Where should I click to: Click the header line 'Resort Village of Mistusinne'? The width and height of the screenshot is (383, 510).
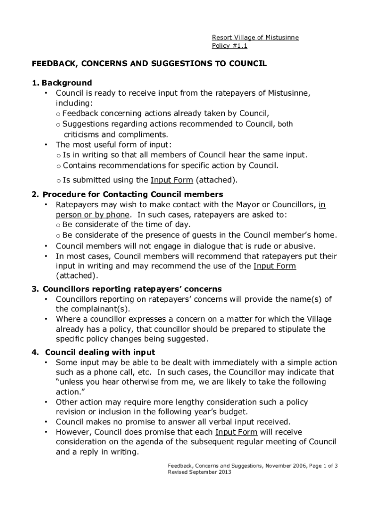[255, 37]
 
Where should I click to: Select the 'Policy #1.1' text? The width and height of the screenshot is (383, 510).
[229, 46]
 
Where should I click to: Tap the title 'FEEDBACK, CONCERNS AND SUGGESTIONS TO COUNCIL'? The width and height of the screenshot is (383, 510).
[150, 64]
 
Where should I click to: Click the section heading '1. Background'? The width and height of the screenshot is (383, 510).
[62, 83]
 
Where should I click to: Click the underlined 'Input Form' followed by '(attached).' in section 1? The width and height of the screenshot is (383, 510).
[172, 180]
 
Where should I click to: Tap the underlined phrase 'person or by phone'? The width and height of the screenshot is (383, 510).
[93, 215]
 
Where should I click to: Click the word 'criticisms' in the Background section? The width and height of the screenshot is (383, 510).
[82, 134]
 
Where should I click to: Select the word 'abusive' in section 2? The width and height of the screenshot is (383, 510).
[299, 246]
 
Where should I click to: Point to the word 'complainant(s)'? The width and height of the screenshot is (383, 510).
[86, 309]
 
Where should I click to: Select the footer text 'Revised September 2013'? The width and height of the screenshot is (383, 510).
[199, 472]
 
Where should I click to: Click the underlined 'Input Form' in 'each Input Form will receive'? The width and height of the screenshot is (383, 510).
[236, 432]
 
